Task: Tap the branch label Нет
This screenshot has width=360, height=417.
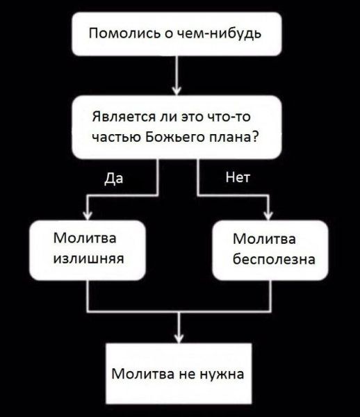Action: pyautogui.click(x=238, y=178)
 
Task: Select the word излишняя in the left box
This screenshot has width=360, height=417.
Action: pyautogui.click(x=88, y=259)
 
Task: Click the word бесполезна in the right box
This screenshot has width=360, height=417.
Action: pyautogui.click(x=273, y=259)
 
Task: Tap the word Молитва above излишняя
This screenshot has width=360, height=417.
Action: pyautogui.click(x=84, y=239)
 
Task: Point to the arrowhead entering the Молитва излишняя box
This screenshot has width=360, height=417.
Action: pyautogui.click(x=86, y=215)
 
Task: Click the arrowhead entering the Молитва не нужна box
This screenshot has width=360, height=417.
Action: pyautogui.click(x=180, y=337)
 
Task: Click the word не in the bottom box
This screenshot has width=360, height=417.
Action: pyautogui.click(x=184, y=375)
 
